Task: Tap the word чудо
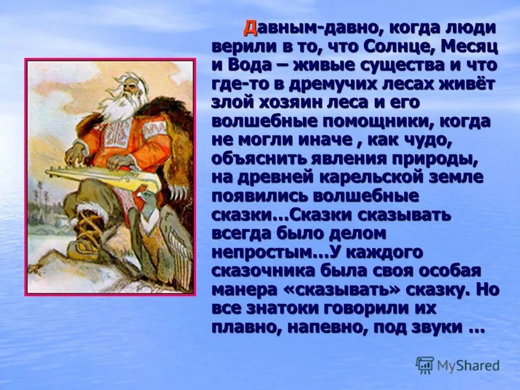[431, 140]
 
